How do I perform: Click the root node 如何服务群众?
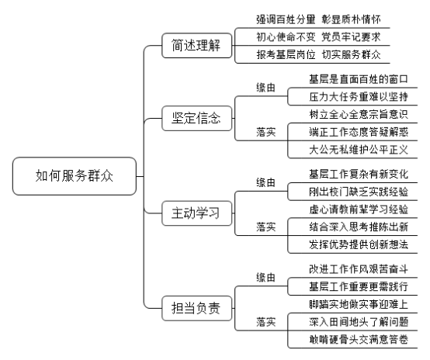click(x=75, y=176)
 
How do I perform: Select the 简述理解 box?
click(x=196, y=45)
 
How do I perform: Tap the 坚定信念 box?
click(x=196, y=118)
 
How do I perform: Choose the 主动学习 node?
click(x=196, y=213)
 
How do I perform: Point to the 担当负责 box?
click(x=196, y=308)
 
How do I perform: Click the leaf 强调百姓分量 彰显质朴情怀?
click(x=318, y=19)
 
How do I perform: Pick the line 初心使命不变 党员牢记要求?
click(x=318, y=37)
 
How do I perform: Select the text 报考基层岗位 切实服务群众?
click(x=318, y=54)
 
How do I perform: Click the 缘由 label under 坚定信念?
click(x=265, y=88)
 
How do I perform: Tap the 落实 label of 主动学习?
click(x=265, y=227)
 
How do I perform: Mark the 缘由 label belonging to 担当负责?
click(x=265, y=278)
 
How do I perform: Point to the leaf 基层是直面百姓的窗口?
click(x=359, y=79)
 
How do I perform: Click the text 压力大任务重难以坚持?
click(x=359, y=97)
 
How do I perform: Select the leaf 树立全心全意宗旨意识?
click(x=359, y=114)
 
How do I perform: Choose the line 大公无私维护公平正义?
click(x=359, y=150)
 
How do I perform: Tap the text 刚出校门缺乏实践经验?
click(x=359, y=192)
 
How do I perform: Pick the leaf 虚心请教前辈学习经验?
click(x=359, y=209)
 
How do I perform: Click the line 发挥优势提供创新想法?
click(x=359, y=244)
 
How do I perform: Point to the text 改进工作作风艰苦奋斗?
click(x=359, y=269)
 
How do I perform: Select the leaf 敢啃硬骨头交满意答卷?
click(x=359, y=340)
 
